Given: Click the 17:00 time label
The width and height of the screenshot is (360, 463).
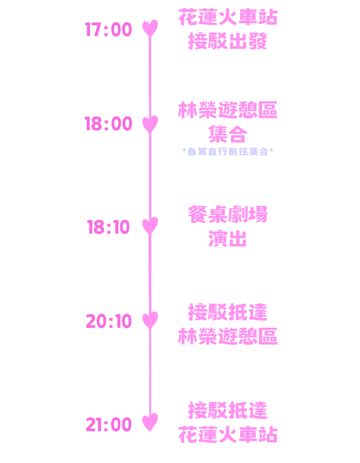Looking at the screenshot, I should [109, 30].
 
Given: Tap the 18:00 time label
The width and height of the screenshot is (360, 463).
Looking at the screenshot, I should [109, 124].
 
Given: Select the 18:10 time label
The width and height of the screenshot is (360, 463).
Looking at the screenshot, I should [109, 227].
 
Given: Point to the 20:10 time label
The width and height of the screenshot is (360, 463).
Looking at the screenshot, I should [109, 322].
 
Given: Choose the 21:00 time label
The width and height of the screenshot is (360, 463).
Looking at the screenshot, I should [109, 425].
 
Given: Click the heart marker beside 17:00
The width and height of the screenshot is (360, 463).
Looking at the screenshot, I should [150, 28].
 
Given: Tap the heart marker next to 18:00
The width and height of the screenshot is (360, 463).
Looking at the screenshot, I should [150, 123].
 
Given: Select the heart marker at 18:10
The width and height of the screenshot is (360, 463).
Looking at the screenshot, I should [150, 225].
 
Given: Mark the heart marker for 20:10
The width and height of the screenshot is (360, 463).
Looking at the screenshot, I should [150, 320].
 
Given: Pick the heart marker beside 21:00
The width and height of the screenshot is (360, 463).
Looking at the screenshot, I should [150, 422].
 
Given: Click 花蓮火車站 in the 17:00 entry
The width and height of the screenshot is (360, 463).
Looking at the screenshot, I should [228, 17].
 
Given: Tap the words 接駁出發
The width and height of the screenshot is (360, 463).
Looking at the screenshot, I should [228, 41].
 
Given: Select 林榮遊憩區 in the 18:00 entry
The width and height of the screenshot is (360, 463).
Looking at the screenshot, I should [228, 110].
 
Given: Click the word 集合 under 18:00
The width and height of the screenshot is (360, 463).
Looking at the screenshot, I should [228, 135].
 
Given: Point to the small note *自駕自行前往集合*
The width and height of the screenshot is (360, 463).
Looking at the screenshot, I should [228, 151].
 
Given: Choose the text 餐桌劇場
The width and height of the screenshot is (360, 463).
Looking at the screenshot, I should [228, 215].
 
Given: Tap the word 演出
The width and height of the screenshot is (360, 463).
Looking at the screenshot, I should [228, 239].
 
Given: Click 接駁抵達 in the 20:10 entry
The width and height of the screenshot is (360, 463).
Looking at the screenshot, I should [228, 312].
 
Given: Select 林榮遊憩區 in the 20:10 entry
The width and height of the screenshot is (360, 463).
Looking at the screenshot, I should [228, 336].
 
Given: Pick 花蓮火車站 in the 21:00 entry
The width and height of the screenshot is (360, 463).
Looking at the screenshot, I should [228, 435].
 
